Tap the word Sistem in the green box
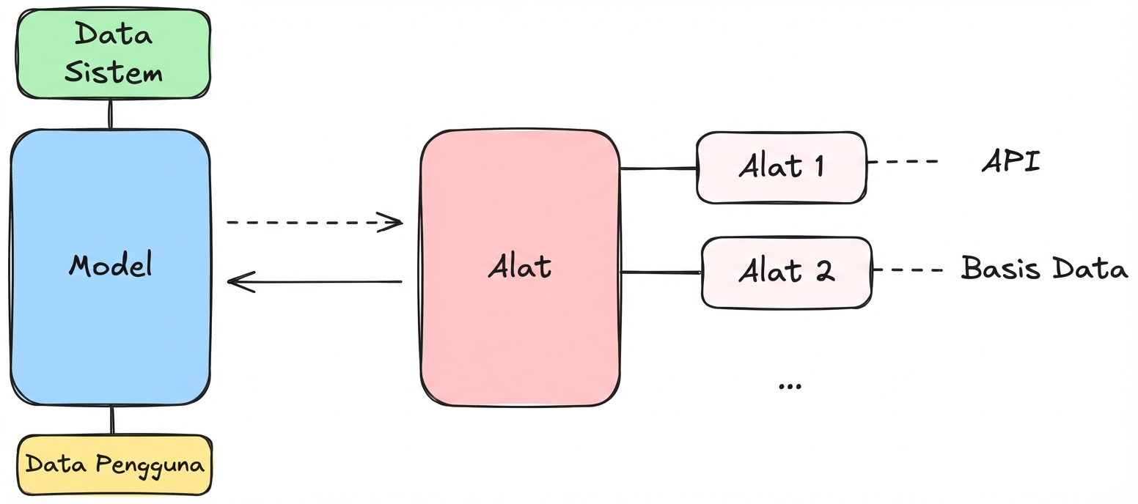coord(114,73)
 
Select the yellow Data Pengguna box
coord(114,465)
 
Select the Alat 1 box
coord(781,166)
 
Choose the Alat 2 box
coord(787,272)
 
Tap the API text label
coord(1011,162)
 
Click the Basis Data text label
coord(1044,269)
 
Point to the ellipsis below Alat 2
coord(789,385)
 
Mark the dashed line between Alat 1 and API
coord(902,161)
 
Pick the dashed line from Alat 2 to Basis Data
coord(907,270)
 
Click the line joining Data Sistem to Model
coord(110,114)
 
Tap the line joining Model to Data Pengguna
coord(111,420)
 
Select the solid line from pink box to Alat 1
coord(658,168)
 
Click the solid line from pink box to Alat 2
coord(661,273)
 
